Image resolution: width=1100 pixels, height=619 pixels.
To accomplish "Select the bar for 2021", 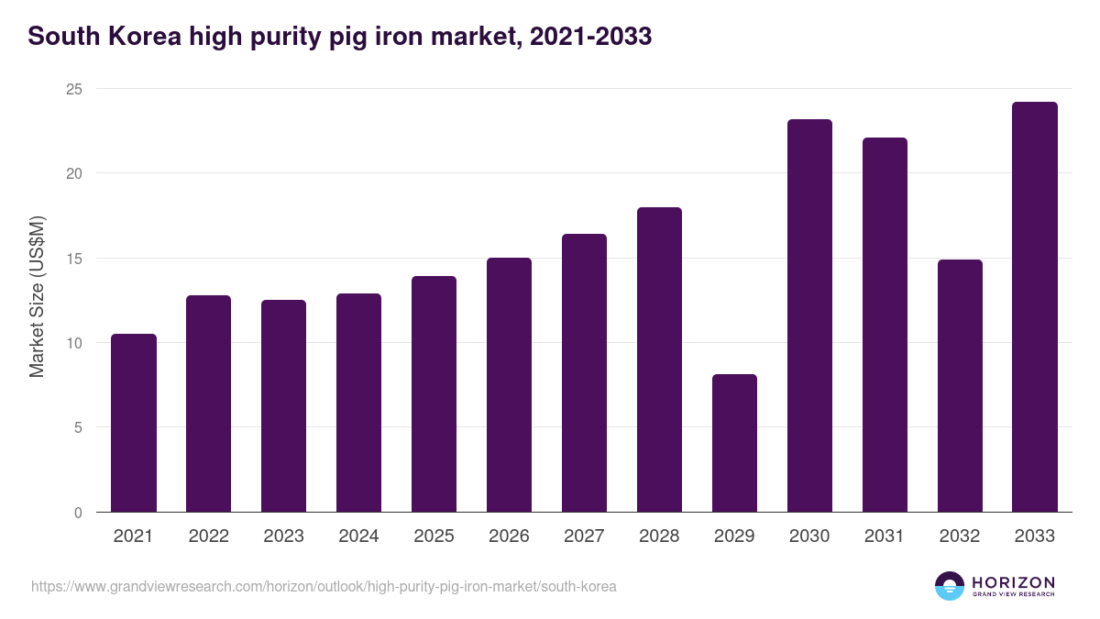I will click(x=134, y=423).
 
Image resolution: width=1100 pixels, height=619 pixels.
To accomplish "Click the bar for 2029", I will click(x=734, y=443).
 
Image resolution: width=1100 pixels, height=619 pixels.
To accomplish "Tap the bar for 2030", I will click(x=809, y=315).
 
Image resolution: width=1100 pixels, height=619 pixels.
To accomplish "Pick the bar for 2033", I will click(x=1035, y=307).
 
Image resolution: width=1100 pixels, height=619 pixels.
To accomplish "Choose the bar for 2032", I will click(x=960, y=386).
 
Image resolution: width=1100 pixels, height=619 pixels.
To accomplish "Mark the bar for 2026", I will click(x=509, y=385).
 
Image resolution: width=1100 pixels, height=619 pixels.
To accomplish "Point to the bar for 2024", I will click(x=358, y=403).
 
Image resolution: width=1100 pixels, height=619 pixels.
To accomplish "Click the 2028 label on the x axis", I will click(x=659, y=536).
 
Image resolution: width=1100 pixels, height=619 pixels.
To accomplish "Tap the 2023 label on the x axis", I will click(x=283, y=536).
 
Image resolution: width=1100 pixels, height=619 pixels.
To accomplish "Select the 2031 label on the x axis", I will click(x=885, y=536).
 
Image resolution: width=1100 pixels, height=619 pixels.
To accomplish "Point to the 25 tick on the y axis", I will click(x=73, y=89).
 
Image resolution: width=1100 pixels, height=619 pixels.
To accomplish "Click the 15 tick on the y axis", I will click(x=73, y=259).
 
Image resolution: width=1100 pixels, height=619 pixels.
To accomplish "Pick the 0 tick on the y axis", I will click(x=78, y=513).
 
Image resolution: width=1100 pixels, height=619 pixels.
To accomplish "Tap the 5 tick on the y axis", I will click(x=78, y=427).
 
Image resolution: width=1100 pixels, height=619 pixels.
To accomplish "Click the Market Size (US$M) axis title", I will click(x=37, y=295).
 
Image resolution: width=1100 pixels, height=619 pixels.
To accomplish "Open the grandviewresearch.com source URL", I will click(x=324, y=586).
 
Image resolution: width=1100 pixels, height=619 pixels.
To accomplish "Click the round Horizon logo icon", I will click(x=950, y=586).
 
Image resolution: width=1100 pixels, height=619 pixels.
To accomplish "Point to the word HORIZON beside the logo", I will click(x=1013, y=582).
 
